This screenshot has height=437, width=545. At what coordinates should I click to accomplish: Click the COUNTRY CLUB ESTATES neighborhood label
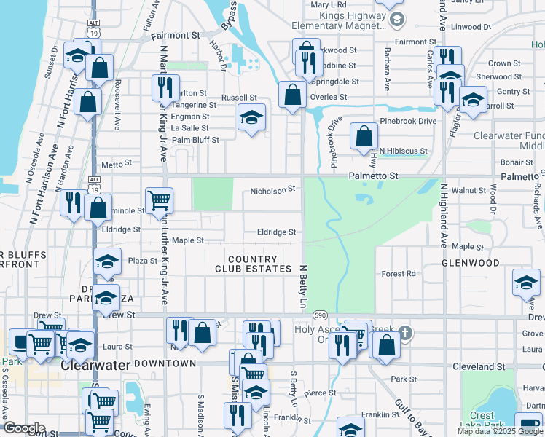pyautogui.click(x=252, y=264)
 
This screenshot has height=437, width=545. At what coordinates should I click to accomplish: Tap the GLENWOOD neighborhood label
pyautogui.click(x=471, y=263)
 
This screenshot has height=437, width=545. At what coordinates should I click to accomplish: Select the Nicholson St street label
pyautogui.click(x=272, y=189)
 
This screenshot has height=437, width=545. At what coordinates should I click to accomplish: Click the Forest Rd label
pyautogui.click(x=399, y=274)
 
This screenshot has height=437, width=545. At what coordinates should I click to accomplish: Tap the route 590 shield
pyautogui.click(x=321, y=315)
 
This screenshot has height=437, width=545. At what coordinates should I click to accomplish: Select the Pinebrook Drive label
pyautogui.click(x=407, y=121)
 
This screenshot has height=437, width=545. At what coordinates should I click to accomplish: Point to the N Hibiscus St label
pyautogui.click(x=403, y=150)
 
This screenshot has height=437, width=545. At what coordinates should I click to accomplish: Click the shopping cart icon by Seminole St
pyautogui.click(x=159, y=200)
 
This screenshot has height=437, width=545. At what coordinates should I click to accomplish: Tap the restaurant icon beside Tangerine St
pyautogui.click(x=165, y=88)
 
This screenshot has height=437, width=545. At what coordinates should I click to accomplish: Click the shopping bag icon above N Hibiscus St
pyautogui.click(x=364, y=135)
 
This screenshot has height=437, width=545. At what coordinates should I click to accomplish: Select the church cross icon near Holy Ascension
pyautogui.click(x=406, y=334)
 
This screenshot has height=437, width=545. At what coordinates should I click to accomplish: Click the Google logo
pyautogui.click(x=23, y=428)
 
